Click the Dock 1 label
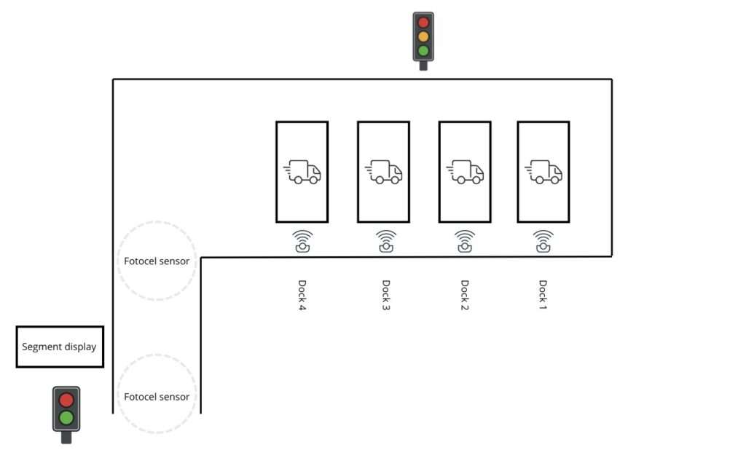point(543,295)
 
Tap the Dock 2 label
point(465,295)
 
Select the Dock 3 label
point(386,295)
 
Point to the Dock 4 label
point(302,295)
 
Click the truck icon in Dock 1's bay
point(543,172)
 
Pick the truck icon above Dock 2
point(465,172)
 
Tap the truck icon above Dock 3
point(383,172)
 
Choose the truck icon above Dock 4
point(302,172)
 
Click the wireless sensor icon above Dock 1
point(543,241)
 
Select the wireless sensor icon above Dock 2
point(465,241)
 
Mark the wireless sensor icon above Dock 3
point(386,241)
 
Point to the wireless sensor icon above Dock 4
point(302,241)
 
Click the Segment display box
point(60,347)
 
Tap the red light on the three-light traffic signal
point(423,23)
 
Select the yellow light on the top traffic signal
point(423,36)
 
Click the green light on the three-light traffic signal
point(423,50)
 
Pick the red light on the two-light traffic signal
point(66,400)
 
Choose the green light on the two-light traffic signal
point(66,418)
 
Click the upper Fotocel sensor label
point(157,261)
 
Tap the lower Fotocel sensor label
point(157,397)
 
